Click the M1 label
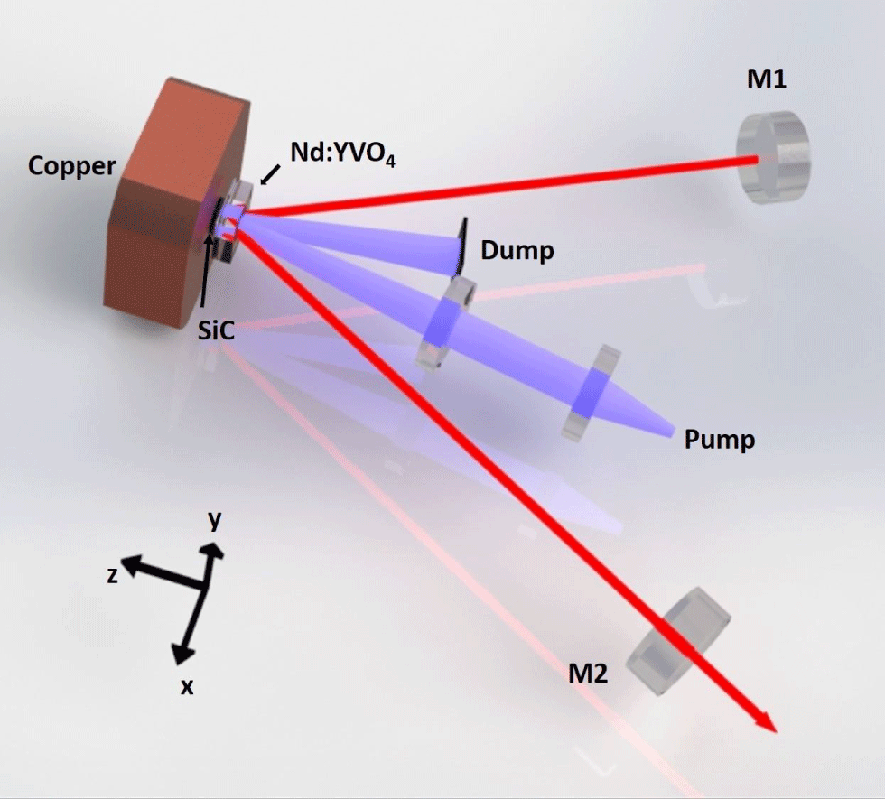[x=766, y=80]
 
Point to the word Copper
[x=71, y=166]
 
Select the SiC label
[x=217, y=331]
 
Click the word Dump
[x=517, y=250]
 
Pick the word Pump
[x=719, y=441]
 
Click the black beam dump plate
[x=461, y=246]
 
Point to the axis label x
[x=187, y=686]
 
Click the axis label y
[x=215, y=521]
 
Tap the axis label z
[x=112, y=574]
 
